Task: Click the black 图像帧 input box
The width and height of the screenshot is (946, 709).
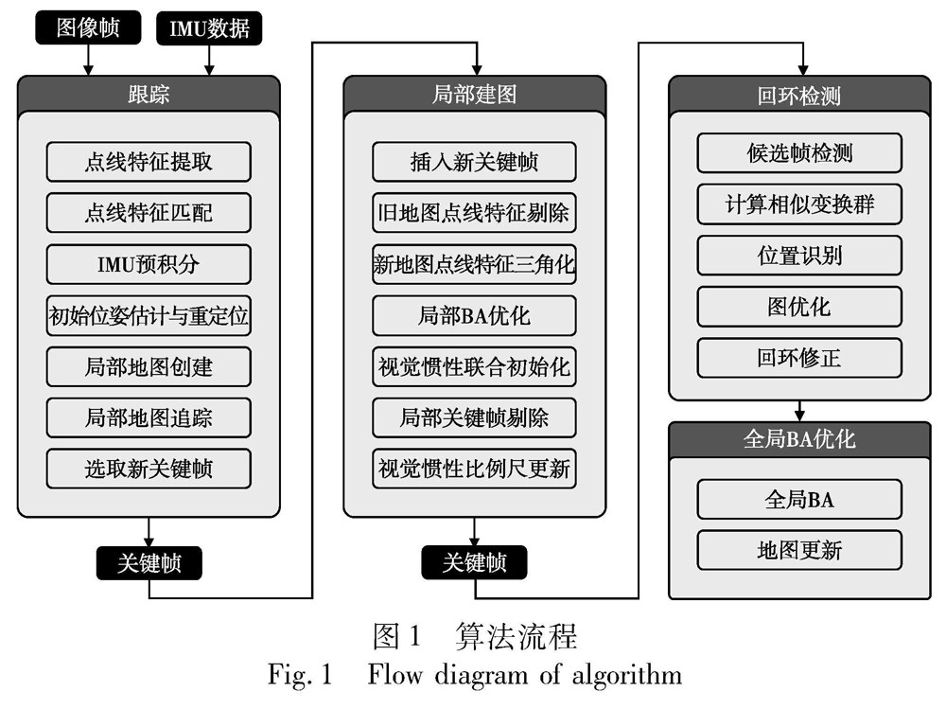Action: click(88, 27)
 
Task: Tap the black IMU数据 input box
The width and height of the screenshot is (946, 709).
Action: click(208, 27)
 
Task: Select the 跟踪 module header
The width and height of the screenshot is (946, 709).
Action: click(149, 95)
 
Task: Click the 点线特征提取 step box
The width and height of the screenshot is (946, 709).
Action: click(149, 162)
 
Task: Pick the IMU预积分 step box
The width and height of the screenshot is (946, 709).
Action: click(149, 264)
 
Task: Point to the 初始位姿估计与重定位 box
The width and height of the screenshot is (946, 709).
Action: click(149, 315)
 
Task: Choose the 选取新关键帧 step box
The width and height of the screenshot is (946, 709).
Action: click(149, 469)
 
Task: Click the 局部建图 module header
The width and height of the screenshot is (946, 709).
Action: click(474, 95)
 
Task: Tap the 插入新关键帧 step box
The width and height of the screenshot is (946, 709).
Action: click(474, 162)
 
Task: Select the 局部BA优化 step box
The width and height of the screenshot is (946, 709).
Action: click(474, 315)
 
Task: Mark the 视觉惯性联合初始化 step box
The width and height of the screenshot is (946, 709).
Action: click(474, 366)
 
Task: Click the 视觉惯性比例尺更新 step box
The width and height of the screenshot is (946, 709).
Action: click(474, 469)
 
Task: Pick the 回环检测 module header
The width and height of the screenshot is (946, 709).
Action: click(799, 95)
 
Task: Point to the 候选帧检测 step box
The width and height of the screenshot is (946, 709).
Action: click(799, 153)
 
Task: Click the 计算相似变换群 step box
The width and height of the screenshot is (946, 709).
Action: click(799, 204)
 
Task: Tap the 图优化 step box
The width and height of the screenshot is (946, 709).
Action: click(799, 307)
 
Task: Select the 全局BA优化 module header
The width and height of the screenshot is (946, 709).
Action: click(799, 440)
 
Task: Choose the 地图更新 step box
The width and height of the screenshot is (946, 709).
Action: click(799, 550)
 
